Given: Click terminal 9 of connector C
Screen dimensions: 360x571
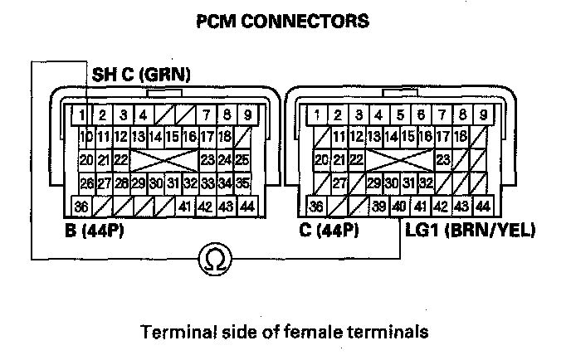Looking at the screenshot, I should click(482, 114).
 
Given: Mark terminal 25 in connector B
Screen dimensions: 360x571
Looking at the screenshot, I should click(242, 158).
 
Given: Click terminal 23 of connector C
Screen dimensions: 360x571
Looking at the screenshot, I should click(442, 158).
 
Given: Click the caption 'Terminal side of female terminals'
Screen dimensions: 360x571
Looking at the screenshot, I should click(285, 332).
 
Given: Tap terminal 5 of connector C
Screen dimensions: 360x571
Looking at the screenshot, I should click(400, 114).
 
